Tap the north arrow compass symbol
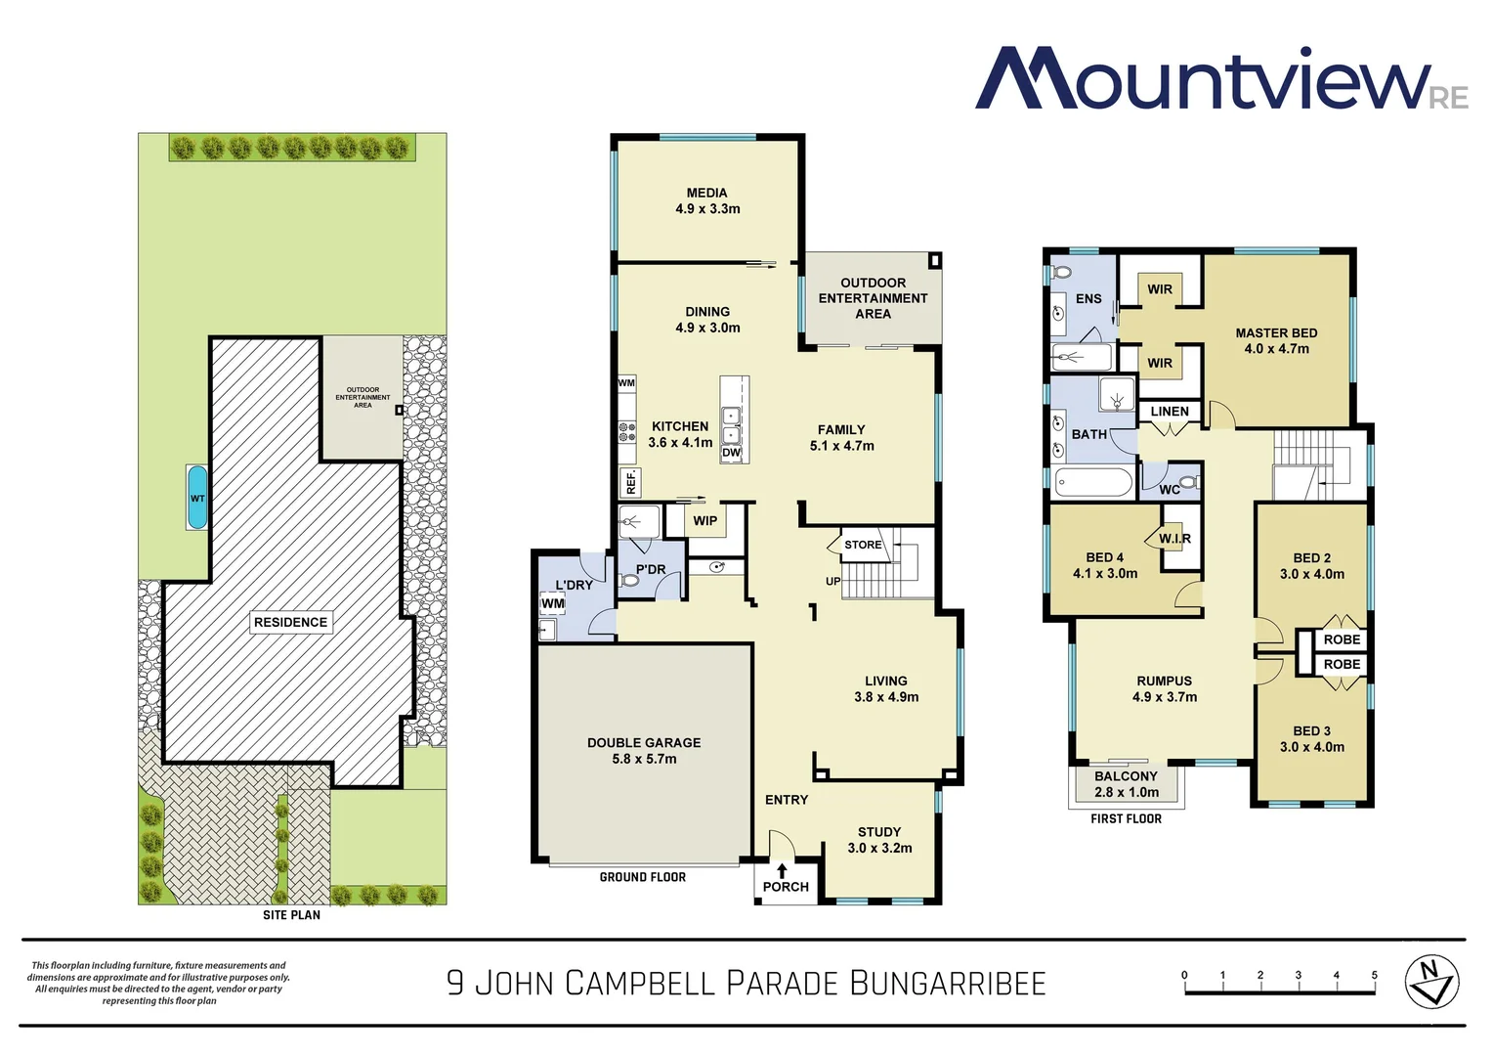1431,982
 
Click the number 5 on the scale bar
1374,975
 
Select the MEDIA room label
706,193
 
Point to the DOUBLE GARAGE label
644,743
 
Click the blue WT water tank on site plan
197,498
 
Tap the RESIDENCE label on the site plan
290,622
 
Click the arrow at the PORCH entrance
782,869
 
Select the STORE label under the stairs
863,545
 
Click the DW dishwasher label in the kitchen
732,453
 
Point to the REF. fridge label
631,481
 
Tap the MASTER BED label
1276,333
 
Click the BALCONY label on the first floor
1126,776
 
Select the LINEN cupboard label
1170,412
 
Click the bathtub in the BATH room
1093,482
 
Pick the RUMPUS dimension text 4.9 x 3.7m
1165,697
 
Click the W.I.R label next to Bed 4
1174,539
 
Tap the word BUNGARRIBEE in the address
947,983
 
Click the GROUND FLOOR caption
642,877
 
